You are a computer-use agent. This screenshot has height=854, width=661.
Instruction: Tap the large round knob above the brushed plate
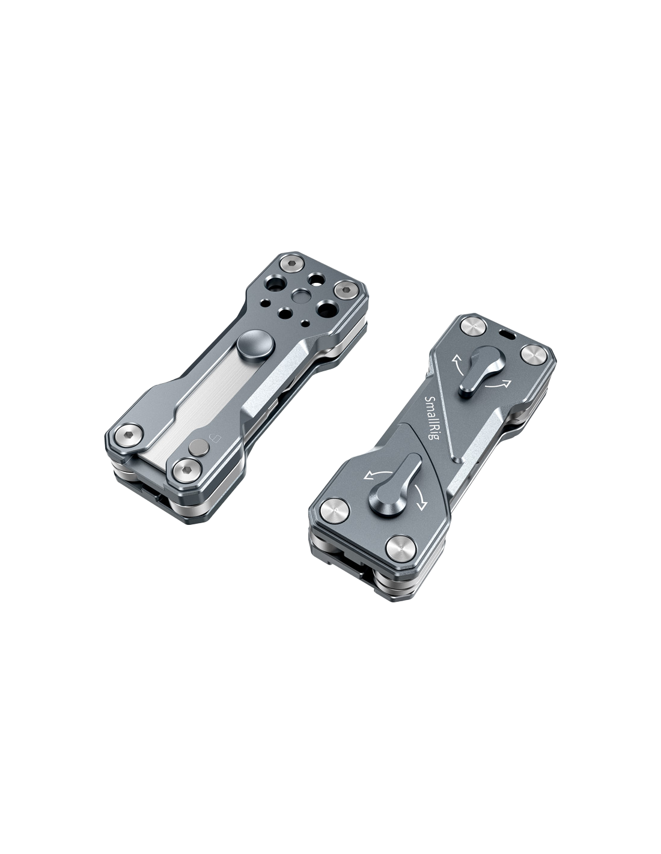coord(251,346)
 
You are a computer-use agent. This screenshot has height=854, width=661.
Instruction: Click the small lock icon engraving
coord(215,437)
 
